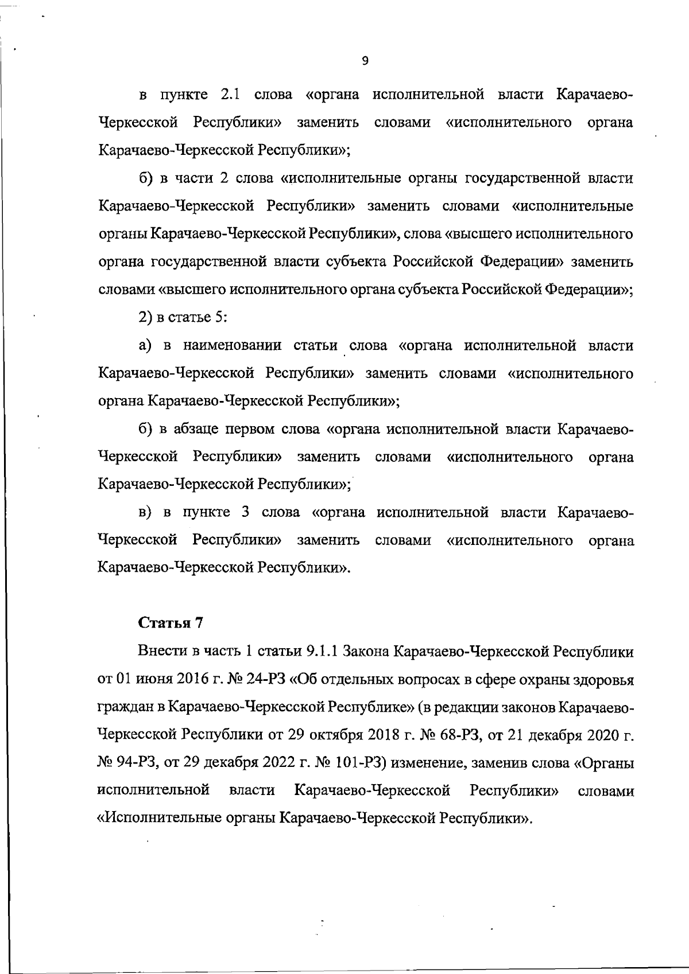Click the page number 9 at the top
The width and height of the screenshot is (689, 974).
click(366, 61)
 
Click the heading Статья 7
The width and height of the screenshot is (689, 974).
click(171, 623)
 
